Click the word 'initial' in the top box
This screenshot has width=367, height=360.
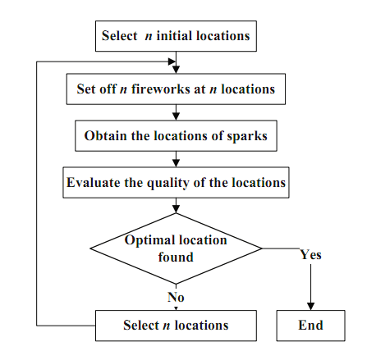[174, 36]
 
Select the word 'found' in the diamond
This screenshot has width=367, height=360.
[176, 257]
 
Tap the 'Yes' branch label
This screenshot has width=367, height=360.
[310, 254]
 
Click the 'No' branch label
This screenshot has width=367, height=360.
[176, 297]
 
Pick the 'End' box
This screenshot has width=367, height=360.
[310, 326]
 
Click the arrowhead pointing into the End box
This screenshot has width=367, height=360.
[310, 306]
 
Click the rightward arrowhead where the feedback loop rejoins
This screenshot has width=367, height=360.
[172, 62]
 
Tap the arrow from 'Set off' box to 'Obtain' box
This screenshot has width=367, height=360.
[176, 112]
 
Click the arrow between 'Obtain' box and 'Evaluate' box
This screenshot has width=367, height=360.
[176, 159]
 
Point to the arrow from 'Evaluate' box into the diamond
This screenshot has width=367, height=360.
[176, 206]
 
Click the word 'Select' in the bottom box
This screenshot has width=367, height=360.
[141, 326]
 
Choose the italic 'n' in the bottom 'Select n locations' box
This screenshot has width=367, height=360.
[167, 326]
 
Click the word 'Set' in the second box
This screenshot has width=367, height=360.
[85, 89]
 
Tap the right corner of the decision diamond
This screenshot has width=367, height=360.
[262, 248]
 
